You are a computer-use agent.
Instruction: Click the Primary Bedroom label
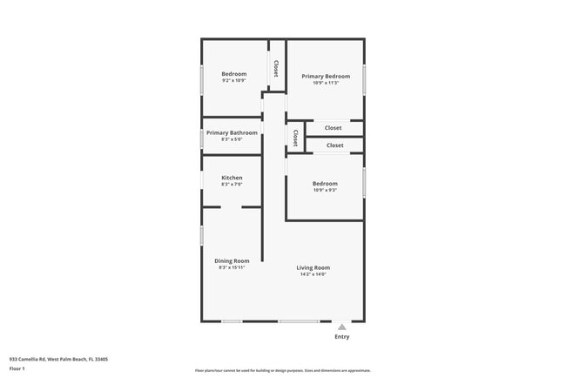pyautogui.click(x=326, y=77)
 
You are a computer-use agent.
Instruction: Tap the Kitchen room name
pyautogui.click(x=232, y=178)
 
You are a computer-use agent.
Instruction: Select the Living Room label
pyautogui.click(x=313, y=267)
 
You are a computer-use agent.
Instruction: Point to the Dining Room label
pyautogui.click(x=232, y=260)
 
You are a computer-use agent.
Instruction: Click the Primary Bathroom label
pyautogui.click(x=232, y=132)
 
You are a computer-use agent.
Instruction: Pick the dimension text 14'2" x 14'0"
pyautogui.click(x=313, y=274)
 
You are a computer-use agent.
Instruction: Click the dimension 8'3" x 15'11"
pyautogui.click(x=232, y=267)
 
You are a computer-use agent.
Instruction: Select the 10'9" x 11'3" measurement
pyautogui.click(x=326, y=84)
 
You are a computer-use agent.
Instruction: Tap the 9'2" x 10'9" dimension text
pyautogui.click(x=233, y=81)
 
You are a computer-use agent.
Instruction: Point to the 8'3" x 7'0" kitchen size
pyautogui.click(x=232, y=185)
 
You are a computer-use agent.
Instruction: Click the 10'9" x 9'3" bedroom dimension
pyautogui.click(x=325, y=190)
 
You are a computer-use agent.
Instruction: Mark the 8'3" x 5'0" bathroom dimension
pyautogui.click(x=232, y=139)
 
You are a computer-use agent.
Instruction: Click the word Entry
pyautogui.click(x=341, y=336)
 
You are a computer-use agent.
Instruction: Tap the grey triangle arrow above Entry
pyautogui.click(x=341, y=327)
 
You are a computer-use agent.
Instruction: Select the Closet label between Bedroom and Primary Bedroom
pyautogui.click(x=276, y=68)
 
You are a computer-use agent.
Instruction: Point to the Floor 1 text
pyautogui.click(x=17, y=368)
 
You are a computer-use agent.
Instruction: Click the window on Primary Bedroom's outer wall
pyautogui.click(x=364, y=79)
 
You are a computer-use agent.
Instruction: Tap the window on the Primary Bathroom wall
pyautogui.click(x=202, y=138)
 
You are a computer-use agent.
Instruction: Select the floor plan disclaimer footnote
pyautogui.click(x=282, y=371)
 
